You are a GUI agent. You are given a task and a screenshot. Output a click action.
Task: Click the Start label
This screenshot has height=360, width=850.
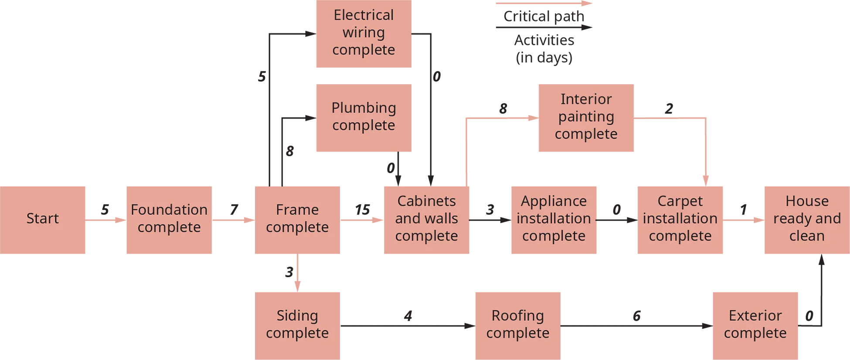pyautogui.click(x=42, y=218)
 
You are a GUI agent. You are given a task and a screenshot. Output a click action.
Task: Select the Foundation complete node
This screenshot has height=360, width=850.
pyautogui.click(x=169, y=218)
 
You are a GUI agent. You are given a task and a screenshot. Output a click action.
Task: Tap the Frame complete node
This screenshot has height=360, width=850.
pyautogui.click(x=297, y=218)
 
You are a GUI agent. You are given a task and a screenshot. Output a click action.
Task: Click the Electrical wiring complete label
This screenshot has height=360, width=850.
pyautogui.click(x=364, y=32)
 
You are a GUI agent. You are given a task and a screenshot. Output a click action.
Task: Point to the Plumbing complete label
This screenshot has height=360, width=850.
pyautogui.click(x=364, y=116)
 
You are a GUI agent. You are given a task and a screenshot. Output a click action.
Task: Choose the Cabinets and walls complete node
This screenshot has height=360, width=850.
pyautogui.click(x=426, y=218)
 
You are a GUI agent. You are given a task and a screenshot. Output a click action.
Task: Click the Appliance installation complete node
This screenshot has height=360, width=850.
pyautogui.click(x=554, y=218)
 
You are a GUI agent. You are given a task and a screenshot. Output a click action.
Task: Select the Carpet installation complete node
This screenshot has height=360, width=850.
pyautogui.click(x=680, y=218)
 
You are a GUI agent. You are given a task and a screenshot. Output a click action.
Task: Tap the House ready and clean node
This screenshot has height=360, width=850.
pyautogui.click(x=807, y=218)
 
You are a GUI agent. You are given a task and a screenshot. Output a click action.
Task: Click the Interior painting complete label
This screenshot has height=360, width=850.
pyautogui.click(x=586, y=116)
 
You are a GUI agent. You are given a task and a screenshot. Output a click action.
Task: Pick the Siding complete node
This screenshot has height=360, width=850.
pyautogui.click(x=297, y=324)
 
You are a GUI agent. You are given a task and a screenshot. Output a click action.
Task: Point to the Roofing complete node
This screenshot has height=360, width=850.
pyautogui.click(x=518, y=324)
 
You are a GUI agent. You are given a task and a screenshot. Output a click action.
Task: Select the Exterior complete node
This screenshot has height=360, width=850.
pyautogui.click(x=755, y=324)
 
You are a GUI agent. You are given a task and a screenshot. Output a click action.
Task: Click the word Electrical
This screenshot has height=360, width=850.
pyautogui.click(x=364, y=15)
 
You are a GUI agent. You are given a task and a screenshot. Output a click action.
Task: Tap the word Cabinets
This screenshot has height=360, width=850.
pyautogui.click(x=426, y=201)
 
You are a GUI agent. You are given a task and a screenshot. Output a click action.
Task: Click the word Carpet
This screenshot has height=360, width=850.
pyautogui.click(x=680, y=201)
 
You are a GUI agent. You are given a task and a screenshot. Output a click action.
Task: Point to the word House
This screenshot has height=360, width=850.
pyautogui.click(x=807, y=201)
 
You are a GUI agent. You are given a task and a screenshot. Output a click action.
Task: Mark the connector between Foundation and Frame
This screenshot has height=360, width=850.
pyautogui.click(x=242, y=210)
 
